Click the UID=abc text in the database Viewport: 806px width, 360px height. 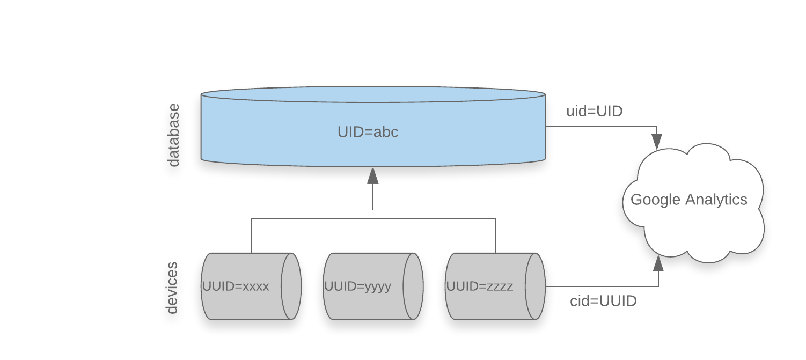[368, 132]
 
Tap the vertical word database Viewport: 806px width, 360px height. [173, 135]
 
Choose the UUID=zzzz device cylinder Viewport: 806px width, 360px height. [486, 286]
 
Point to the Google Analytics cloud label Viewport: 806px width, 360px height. [688, 200]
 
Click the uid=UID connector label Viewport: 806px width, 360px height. [594, 112]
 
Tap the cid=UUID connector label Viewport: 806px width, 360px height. [603, 301]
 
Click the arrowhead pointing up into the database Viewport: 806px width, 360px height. [373, 175]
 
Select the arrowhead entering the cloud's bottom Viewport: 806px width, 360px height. [658, 263]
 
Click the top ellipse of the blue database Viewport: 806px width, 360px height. [373, 94]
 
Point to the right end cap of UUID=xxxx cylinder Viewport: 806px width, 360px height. [291, 286]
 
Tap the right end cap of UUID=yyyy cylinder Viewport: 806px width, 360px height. [413, 286]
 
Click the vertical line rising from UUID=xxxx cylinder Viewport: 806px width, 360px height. [251, 236]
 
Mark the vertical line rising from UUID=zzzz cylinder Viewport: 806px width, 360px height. [495, 236]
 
